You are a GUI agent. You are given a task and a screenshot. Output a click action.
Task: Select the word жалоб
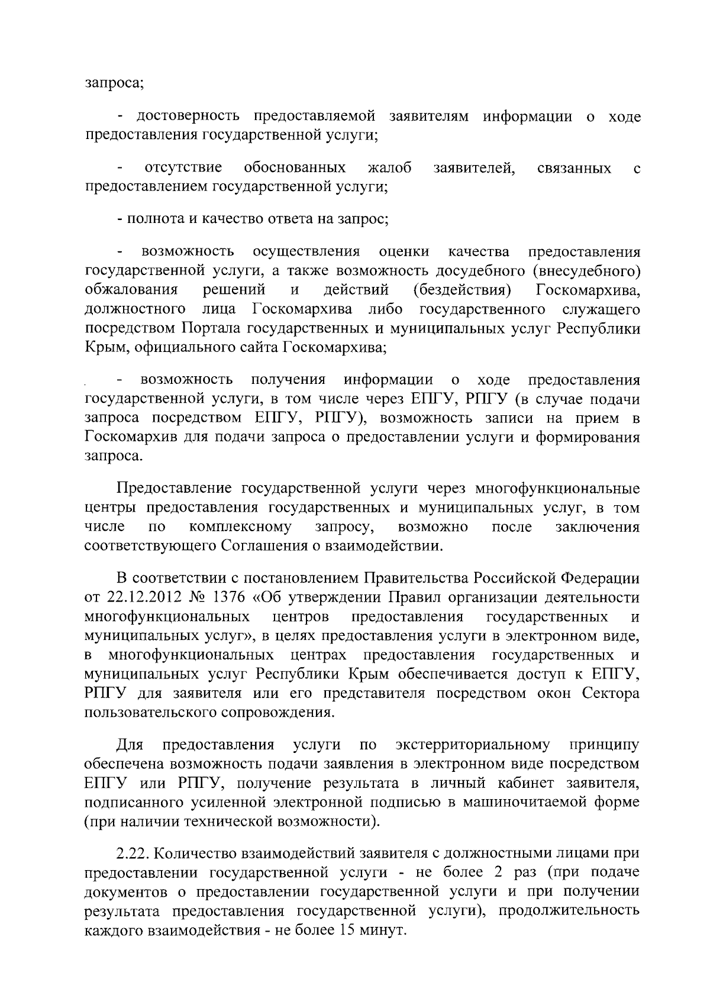pos(389,168)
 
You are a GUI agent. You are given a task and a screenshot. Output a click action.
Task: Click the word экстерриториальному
pos(473,744)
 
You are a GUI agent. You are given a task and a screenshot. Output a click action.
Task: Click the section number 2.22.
pos(135,854)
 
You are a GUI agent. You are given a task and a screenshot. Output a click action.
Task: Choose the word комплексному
pos(241,527)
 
